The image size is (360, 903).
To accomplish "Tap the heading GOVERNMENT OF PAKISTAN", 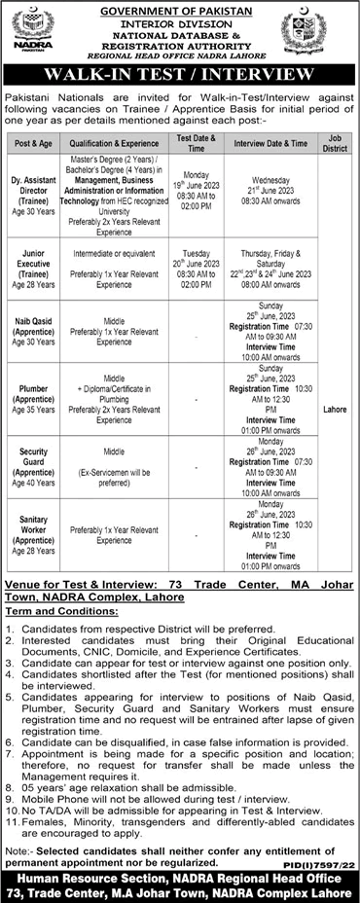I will pos(180,10).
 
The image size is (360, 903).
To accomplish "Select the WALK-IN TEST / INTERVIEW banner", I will pos(180,76).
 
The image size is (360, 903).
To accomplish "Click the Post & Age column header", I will pos(37,143).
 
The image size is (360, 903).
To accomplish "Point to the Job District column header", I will pos(337,143).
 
